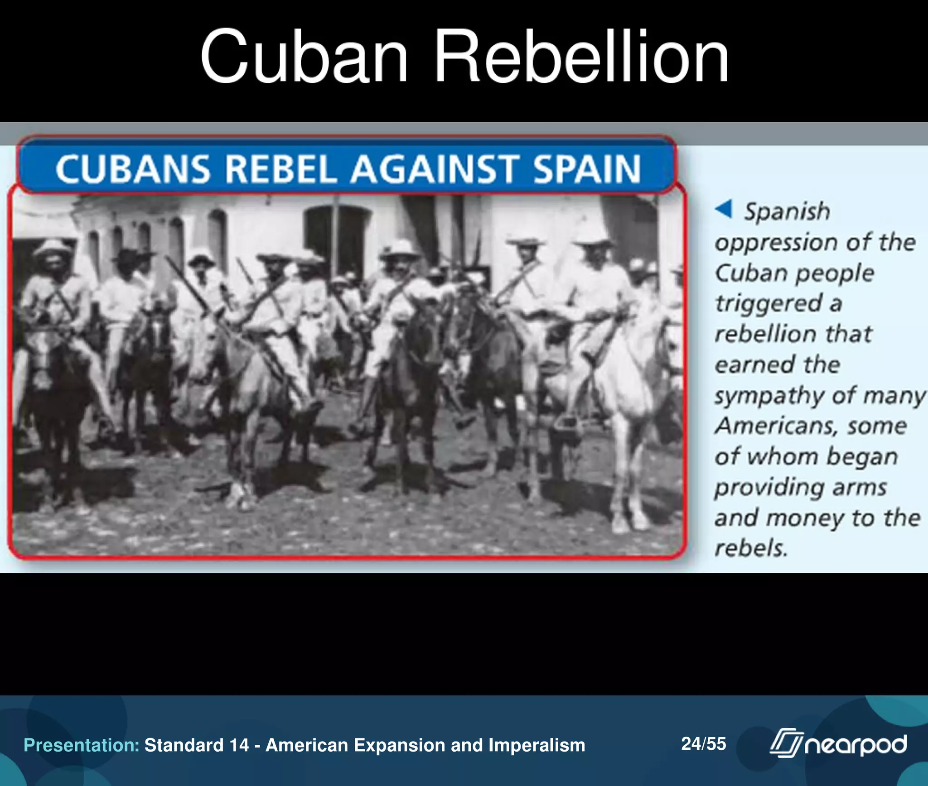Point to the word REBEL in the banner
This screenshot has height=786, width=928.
click(x=281, y=169)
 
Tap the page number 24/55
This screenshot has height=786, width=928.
click(x=703, y=743)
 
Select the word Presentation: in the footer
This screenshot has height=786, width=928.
click(x=82, y=745)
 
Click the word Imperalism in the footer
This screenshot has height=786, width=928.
click(x=536, y=745)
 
